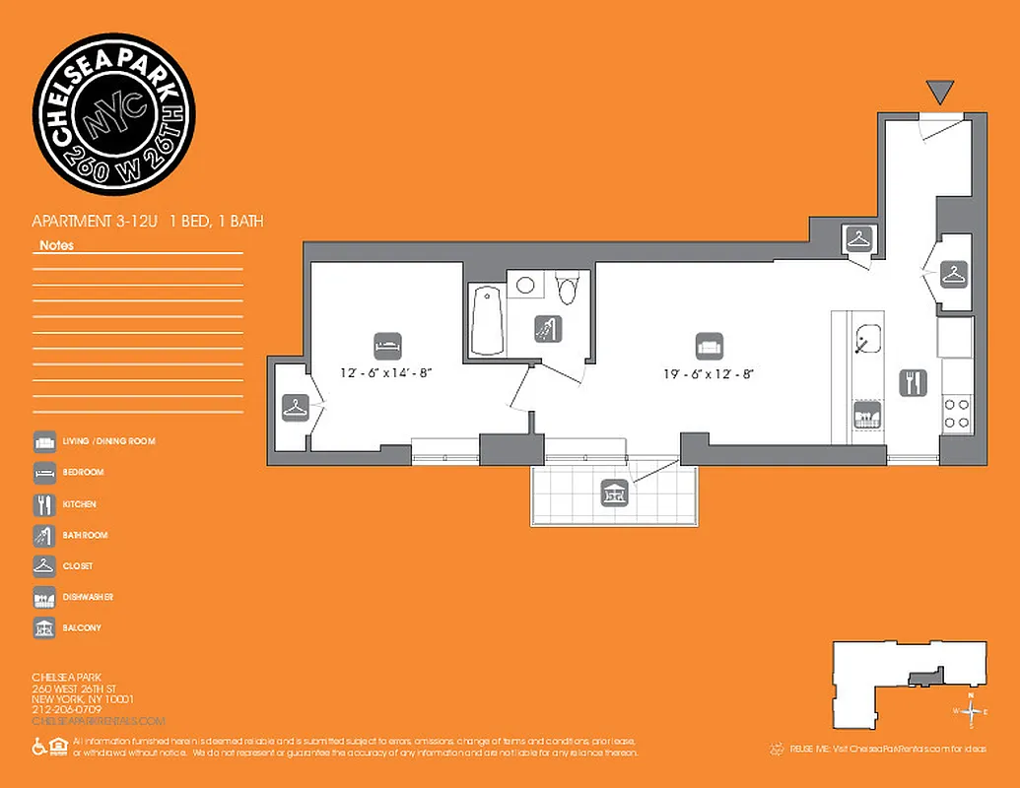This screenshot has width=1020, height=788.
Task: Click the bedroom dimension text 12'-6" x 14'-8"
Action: pyautogui.click(x=387, y=372)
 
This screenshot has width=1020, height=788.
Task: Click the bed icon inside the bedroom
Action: pyautogui.click(x=387, y=346)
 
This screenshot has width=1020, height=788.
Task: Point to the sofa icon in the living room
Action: pyautogui.click(x=709, y=346)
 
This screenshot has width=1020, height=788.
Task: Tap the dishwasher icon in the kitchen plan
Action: pyautogui.click(x=867, y=415)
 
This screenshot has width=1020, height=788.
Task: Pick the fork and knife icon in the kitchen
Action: pyautogui.click(x=913, y=382)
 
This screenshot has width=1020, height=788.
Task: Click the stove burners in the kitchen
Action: pyautogui.click(x=956, y=412)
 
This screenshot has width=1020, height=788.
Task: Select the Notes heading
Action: pyautogui.click(x=56, y=245)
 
